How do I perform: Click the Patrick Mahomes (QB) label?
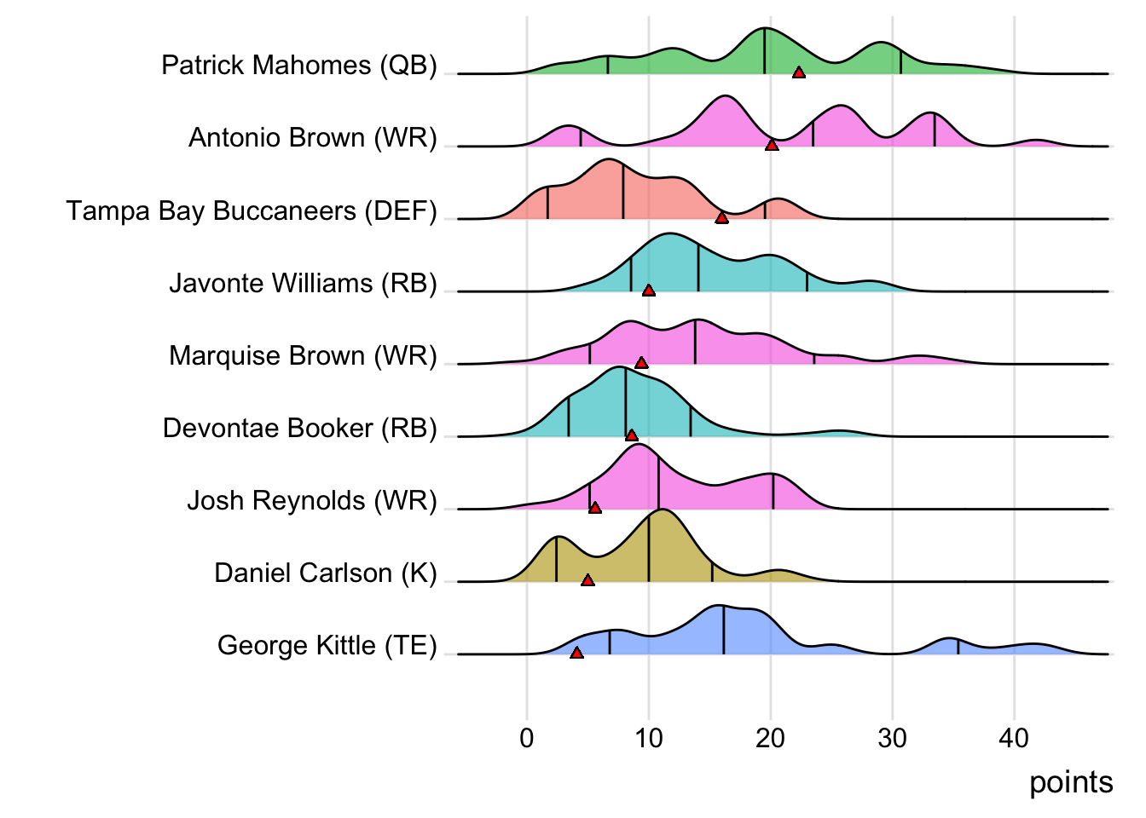pyautogui.click(x=299, y=66)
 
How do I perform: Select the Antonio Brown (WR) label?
pyautogui.click(x=313, y=138)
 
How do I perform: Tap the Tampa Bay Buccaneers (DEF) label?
pyautogui.click(x=252, y=210)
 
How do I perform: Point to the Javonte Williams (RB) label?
pyautogui.click(x=303, y=283)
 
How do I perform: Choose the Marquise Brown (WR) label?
pyautogui.click(x=303, y=355)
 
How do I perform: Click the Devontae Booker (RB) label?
pyautogui.click(x=300, y=428)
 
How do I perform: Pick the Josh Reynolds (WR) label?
pyautogui.click(x=312, y=500)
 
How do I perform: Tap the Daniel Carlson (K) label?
pyautogui.click(x=326, y=573)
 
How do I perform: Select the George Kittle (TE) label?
pyautogui.click(x=327, y=645)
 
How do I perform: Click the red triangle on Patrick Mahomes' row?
pyautogui.click(x=799, y=72)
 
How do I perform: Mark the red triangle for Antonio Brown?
pyautogui.click(x=772, y=146)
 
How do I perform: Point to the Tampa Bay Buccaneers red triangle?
pyautogui.click(x=721, y=218)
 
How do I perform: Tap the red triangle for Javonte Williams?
pyautogui.click(x=648, y=291)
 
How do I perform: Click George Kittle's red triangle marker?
pyautogui.click(x=576, y=653)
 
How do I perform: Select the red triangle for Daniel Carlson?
pyautogui.click(x=587, y=580)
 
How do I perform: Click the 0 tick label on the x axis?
pyautogui.click(x=527, y=738)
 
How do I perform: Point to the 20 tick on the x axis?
pyautogui.click(x=771, y=738)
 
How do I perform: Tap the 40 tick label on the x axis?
pyautogui.click(x=1015, y=738)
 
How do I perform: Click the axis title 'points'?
pyautogui.click(x=1071, y=782)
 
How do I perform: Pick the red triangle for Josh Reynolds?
pyautogui.click(x=595, y=508)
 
